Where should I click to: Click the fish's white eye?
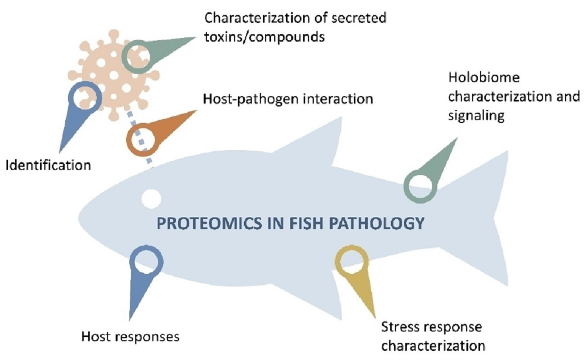tap(151, 198)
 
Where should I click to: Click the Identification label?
tap(48, 165)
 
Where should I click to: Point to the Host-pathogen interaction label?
tap(288, 99)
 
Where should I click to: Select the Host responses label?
tap(130, 336)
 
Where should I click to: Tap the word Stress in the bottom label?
tap(398, 326)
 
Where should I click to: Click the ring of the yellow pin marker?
tap(351, 262)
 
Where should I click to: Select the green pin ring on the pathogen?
tap(138, 56)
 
